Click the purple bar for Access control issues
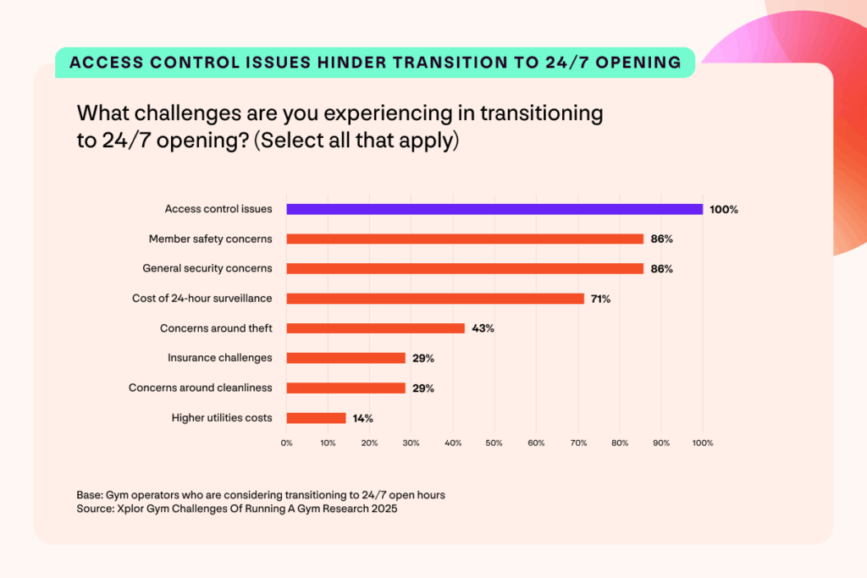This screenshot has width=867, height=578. (x=494, y=209)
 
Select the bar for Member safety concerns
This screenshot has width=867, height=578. (x=465, y=239)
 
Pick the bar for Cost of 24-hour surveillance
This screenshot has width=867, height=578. (x=435, y=298)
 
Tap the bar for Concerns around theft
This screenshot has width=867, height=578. (x=376, y=328)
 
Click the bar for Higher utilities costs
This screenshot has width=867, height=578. (x=316, y=417)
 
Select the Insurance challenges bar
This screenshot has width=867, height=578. (x=346, y=358)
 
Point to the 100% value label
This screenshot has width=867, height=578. (x=724, y=209)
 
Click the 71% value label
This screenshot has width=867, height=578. (x=600, y=299)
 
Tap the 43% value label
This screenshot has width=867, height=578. (x=482, y=328)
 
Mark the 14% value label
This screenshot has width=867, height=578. (x=362, y=418)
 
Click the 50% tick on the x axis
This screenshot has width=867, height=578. (x=494, y=443)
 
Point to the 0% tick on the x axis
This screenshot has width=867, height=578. (x=287, y=443)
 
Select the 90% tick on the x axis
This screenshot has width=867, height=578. (x=661, y=443)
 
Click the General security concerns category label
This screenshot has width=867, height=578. (x=207, y=268)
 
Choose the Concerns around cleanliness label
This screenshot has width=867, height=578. (x=201, y=388)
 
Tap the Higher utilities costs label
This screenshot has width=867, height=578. (x=222, y=417)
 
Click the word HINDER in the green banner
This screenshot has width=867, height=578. (x=346, y=62)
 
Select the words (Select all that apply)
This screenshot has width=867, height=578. (x=356, y=140)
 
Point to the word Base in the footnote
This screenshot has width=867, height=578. (x=88, y=494)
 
